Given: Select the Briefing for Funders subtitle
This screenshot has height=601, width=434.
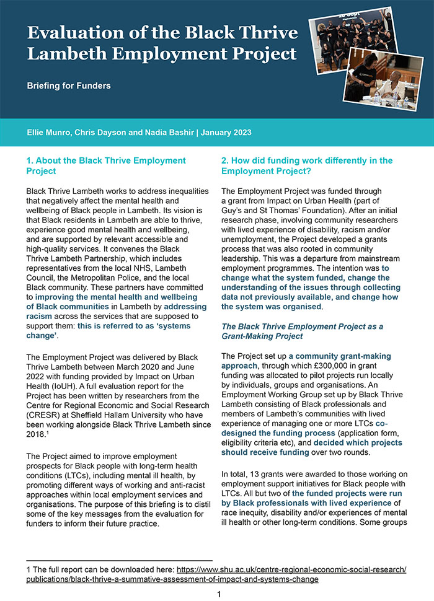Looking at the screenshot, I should pos(68,86).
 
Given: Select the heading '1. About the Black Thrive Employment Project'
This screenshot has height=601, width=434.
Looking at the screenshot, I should pos(105,165).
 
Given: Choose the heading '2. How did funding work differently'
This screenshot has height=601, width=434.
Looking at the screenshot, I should pos(307,165).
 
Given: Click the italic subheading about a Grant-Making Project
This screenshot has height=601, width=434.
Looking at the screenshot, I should pos(302,331).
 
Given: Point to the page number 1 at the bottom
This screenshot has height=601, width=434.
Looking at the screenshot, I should pos(218,595).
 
